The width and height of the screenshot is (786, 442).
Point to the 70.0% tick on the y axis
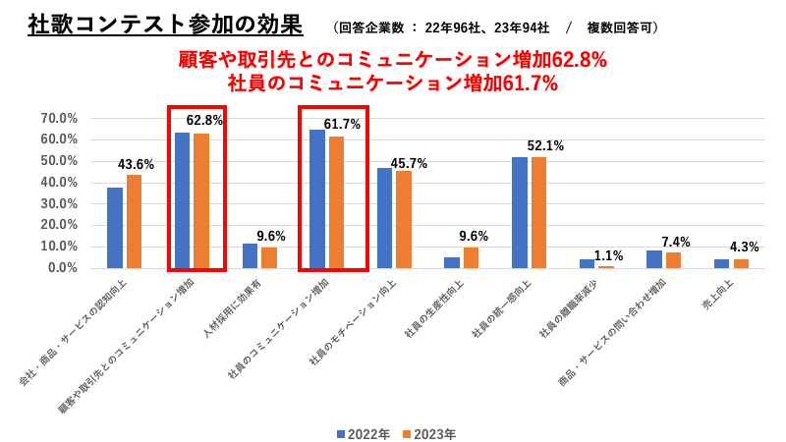(59, 118)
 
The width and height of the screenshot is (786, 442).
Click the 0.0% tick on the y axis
(62, 267)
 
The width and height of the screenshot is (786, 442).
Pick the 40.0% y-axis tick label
(59, 182)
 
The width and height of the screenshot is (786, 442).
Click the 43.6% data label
(136, 164)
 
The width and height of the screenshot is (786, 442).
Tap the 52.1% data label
(545, 145)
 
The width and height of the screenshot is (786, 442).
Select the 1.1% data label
(608, 255)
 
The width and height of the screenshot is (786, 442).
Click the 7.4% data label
(676, 242)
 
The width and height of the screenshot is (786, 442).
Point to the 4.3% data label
(743, 248)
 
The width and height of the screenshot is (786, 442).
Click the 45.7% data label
(409, 163)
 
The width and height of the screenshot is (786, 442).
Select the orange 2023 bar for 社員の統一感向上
(538, 212)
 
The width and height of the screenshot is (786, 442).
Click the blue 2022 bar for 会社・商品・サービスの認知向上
(115, 228)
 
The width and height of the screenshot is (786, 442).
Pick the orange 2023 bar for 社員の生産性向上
(471, 257)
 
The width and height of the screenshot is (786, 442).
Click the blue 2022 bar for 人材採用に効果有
(250, 255)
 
